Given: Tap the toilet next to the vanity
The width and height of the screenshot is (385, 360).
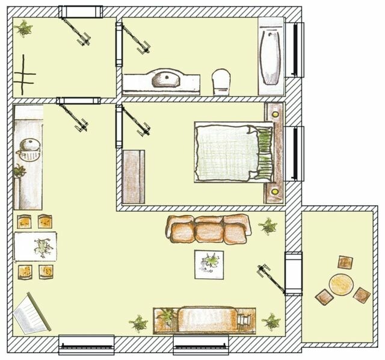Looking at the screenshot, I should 221,82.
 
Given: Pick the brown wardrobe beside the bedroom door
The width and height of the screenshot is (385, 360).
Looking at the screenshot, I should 134,176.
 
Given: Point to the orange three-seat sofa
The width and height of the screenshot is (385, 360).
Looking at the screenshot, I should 208,228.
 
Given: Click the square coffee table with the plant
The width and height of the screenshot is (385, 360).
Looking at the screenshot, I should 210,264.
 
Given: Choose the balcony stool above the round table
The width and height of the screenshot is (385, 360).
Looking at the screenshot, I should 345,262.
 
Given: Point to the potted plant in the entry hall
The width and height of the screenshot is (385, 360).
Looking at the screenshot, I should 24,28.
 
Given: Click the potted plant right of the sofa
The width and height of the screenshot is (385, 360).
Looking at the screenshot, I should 267,226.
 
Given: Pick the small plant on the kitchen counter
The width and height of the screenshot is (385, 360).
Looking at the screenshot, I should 20,171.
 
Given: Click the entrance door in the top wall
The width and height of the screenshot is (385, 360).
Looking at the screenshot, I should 79,11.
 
